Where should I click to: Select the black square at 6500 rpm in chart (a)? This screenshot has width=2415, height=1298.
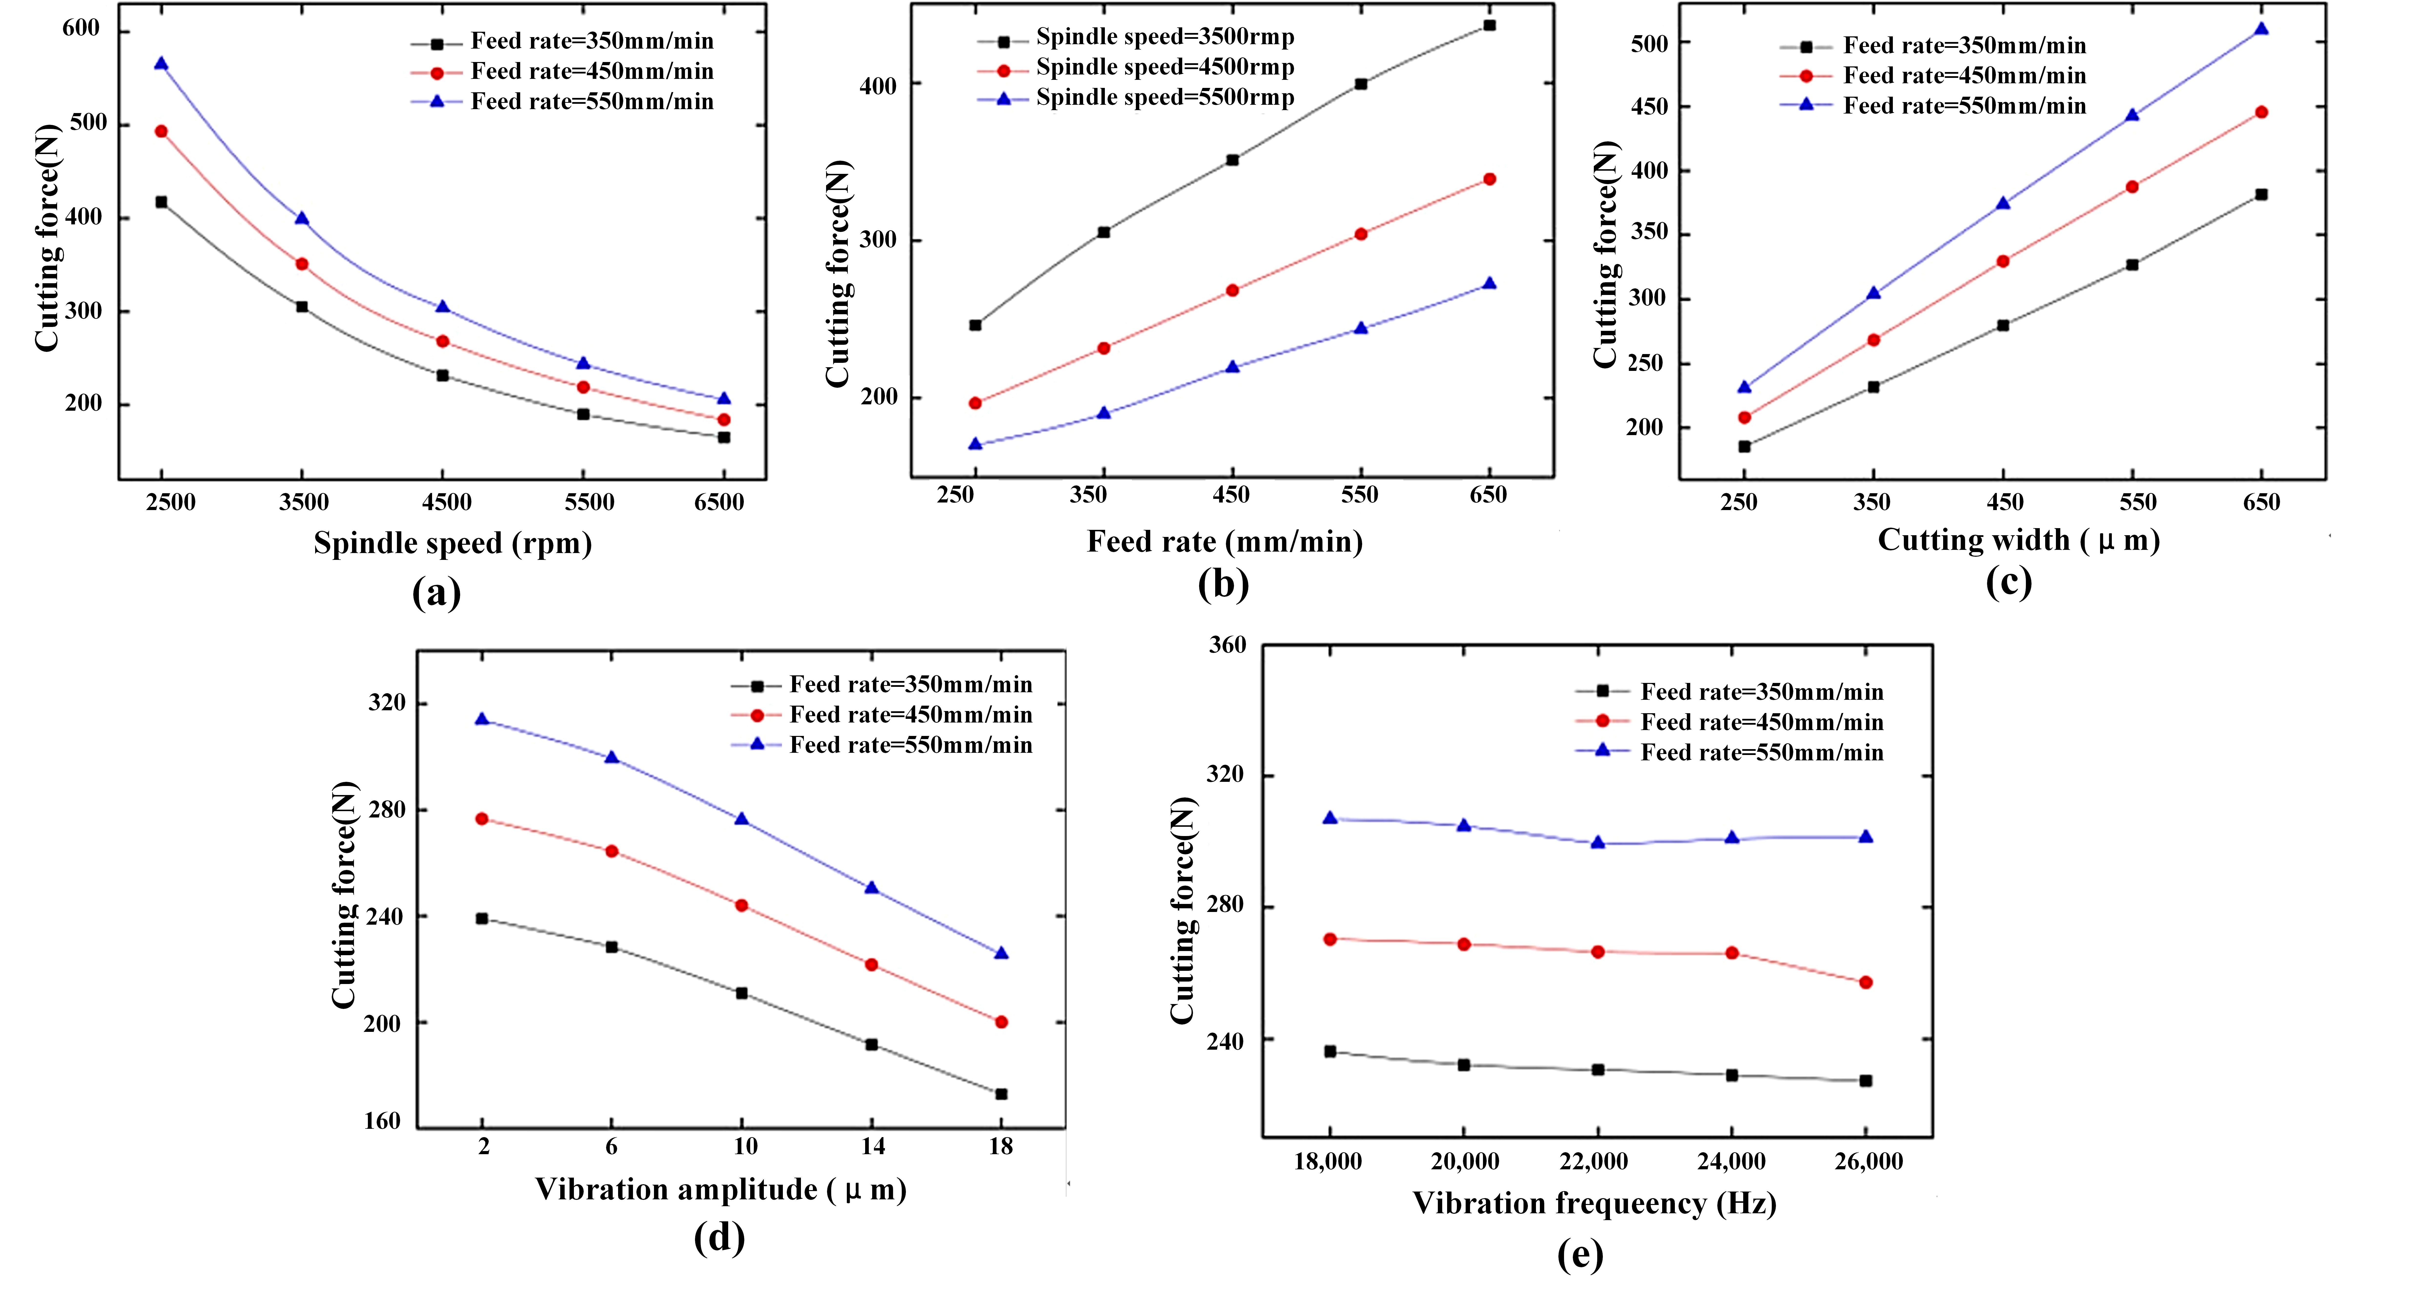tap(724, 437)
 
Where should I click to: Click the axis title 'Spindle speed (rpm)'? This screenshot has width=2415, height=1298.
tap(453, 543)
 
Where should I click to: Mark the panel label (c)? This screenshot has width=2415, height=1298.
tap(2009, 581)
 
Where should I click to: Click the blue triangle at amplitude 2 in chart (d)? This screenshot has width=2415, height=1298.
tap(482, 719)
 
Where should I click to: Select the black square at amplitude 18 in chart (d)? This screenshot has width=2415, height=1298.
tap(1001, 1094)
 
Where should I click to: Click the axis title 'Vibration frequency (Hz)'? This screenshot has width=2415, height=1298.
tap(1595, 1203)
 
